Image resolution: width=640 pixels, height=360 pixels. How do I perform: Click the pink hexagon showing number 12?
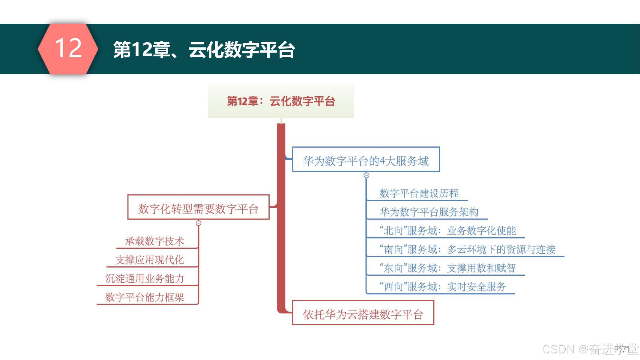coord(68,49)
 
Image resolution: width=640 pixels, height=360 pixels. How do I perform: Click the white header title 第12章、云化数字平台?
coord(204,49)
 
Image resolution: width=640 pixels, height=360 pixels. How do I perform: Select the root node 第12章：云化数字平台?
coord(281,101)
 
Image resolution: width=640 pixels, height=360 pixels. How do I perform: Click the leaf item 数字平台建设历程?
coord(419,193)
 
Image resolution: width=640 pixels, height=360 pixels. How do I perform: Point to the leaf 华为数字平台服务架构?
coord(429,212)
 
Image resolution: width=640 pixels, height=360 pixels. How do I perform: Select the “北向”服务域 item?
coord(447,231)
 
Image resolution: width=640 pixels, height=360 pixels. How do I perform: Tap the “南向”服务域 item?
coord(467,249)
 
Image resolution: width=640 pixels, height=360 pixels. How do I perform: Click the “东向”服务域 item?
coord(447,268)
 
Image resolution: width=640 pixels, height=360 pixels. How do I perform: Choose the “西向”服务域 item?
coord(443,287)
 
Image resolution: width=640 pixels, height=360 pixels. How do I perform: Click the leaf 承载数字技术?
coord(154,241)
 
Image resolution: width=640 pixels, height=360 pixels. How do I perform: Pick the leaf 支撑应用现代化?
coord(149,260)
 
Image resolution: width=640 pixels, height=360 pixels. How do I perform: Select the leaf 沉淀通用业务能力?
coord(145,279)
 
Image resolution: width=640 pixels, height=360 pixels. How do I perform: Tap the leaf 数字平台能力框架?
coord(145,297)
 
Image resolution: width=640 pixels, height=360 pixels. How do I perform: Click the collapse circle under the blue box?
coord(366,175)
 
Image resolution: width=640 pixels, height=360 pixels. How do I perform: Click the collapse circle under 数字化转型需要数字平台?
coord(199,223)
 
